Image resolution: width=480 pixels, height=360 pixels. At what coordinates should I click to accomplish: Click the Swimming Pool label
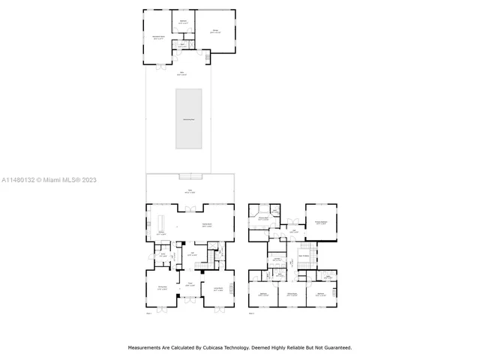tap(191, 119)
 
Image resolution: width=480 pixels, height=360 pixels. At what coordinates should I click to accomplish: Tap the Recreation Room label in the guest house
tap(159, 37)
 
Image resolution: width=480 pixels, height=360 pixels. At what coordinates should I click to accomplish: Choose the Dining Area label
tap(162, 289)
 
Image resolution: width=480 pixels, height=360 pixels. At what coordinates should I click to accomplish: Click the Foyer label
tap(190, 284)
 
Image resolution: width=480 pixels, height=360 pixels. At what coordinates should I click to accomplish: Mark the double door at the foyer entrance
tap(190, 306)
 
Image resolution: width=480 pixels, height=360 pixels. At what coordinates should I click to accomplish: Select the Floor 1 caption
tap(148, 313)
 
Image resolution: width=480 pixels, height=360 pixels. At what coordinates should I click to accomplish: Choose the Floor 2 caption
tap(251, 313)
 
